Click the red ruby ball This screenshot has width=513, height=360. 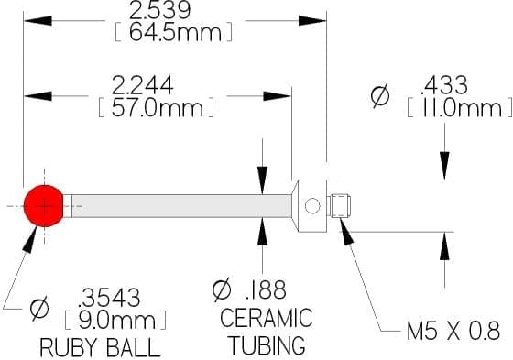click(44, 206)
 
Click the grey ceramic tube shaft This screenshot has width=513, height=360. click(181, 206)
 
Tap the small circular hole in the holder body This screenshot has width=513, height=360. click(312, 206)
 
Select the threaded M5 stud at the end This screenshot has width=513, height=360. click(340, 206)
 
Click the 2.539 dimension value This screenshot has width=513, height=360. click(159, 10)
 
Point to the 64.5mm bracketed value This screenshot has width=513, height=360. click(175, 32)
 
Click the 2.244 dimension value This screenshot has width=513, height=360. click(142, 85)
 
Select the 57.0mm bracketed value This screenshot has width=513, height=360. click(157, 107)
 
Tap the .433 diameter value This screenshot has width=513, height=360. click(444, 85)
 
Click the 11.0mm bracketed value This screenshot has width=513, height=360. click(460, 107)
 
